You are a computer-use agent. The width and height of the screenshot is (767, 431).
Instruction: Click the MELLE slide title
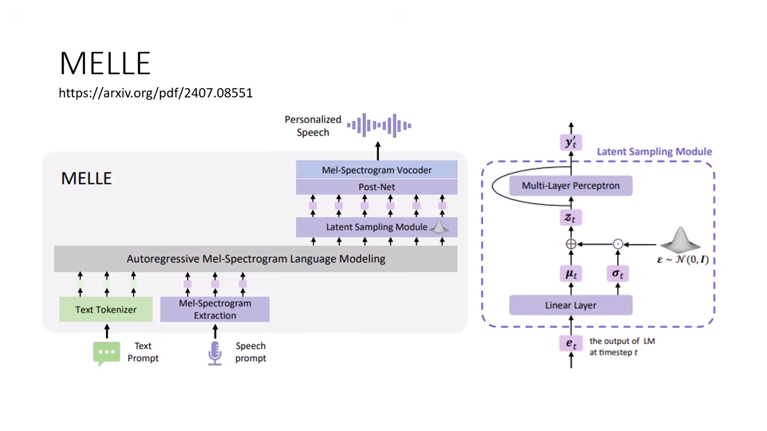pyautogui.click(x=105, y=63)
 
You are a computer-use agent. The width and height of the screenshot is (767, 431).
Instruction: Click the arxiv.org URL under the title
pyautogui.click(x=155, y=93)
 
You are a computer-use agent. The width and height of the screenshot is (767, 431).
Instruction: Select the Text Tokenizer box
pyautogui.click(x=105, y=309)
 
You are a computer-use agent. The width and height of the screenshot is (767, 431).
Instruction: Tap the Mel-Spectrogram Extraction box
pyautogui.click(x=215, y=309)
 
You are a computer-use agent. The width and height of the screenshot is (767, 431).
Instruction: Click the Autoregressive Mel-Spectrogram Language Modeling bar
pyautogui.click(x=256, y=259)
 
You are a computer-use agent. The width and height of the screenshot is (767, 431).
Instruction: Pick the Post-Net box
pyautogui.click(x=376, y=187)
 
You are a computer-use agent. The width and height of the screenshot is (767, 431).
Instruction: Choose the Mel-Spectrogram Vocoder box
pyautogui.click(x=376, y=170)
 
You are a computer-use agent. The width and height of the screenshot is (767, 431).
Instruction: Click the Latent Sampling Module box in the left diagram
pyautogui.click(x=376, y=227)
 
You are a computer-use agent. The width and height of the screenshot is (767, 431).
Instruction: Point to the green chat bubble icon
pyautogui.click(x=106, y=353)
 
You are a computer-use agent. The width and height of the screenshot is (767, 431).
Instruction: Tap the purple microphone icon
pyautogui.click(x=215, y=353)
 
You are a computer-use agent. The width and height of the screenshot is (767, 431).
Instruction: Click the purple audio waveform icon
pyautogui.click(x=379, y=125)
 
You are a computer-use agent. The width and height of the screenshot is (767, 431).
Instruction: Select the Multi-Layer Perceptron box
pyautogui.click(x=570, y=186)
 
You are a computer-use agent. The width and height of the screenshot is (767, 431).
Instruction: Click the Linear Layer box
pyautogui.click(x=570, y=305)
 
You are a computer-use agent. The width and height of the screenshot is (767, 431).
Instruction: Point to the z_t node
pyautogui.click(x=570, y=218)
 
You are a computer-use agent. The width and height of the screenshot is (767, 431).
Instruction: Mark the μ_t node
pyautogui.click(x=570, y=274)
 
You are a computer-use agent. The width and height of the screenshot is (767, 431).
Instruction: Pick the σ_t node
pyautogui.click(x=618, y=274)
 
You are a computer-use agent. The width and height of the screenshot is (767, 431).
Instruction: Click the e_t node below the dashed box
pyautogui.click(x=570, y=344)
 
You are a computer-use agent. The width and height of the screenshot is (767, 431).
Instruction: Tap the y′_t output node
pyautogui.click(x=570, y=143)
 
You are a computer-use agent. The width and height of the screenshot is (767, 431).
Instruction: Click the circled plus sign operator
pyautogui.click(x=570, y=244)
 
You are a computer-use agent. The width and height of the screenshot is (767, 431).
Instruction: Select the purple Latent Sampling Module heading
pyautogui.click(x=654, y=151)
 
